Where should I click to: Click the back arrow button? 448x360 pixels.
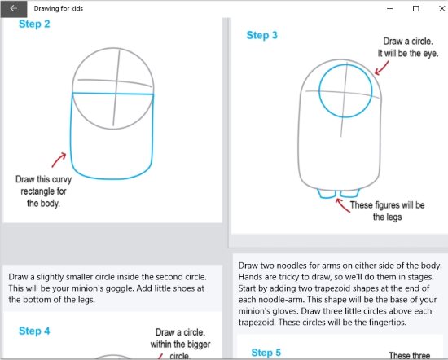(13, 9)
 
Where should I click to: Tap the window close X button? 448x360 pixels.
(441, 9)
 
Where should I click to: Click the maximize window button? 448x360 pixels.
(416, 9)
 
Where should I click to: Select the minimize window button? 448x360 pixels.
(389, 9)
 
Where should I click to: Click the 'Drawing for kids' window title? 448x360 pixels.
(59, 8)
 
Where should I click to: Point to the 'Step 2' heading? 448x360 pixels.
(34, 24)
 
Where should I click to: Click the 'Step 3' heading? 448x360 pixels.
(262, 35)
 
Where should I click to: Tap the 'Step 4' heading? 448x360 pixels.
(34, 331)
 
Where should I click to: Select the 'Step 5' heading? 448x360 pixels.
(266, 353)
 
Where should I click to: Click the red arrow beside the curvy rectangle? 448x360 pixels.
(59, 160)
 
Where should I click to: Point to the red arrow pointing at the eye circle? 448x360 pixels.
(382, 68)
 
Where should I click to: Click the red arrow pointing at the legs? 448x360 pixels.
(343, 205)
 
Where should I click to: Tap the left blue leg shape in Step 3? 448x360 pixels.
(327, 193)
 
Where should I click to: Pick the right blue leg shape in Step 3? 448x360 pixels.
(349, 193)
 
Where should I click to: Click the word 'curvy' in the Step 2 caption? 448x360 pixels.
(61, 180)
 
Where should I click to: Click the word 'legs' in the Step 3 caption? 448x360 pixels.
(393, 217)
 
